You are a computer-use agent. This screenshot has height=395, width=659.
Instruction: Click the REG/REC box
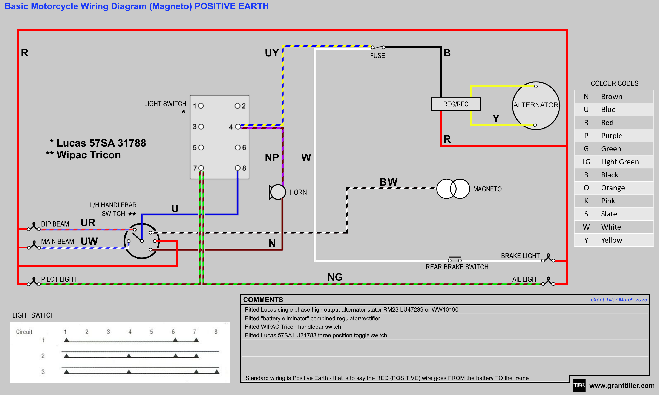point(456,104)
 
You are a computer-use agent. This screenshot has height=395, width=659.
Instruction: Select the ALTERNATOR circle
point(536,105)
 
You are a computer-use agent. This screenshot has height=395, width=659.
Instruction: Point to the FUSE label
point(377,56)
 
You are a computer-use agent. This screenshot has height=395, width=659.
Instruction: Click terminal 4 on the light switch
point(238,127)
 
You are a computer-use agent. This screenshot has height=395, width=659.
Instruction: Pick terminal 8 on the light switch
point(238,168)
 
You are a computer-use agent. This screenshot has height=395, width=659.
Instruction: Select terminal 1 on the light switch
point(201,106)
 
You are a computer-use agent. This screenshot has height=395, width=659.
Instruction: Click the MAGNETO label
point(487,189)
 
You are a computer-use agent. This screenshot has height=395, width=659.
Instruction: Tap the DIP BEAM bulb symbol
point(34,227)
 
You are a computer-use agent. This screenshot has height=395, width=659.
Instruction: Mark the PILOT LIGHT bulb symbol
point(34,282)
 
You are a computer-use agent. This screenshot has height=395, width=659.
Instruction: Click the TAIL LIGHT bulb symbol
point(548,282)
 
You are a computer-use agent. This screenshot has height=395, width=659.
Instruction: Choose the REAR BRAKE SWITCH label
point(457,267)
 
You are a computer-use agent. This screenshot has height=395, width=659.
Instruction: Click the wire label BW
point(388,182)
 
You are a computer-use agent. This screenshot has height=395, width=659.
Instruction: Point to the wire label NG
point(335,277)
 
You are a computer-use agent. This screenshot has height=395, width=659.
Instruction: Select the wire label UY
point(272,53)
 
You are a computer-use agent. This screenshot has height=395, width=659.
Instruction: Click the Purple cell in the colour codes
point(611,136)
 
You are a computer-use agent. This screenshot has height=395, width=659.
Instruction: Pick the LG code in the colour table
point(586,162)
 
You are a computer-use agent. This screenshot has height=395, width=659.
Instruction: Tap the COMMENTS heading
point(263,300)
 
